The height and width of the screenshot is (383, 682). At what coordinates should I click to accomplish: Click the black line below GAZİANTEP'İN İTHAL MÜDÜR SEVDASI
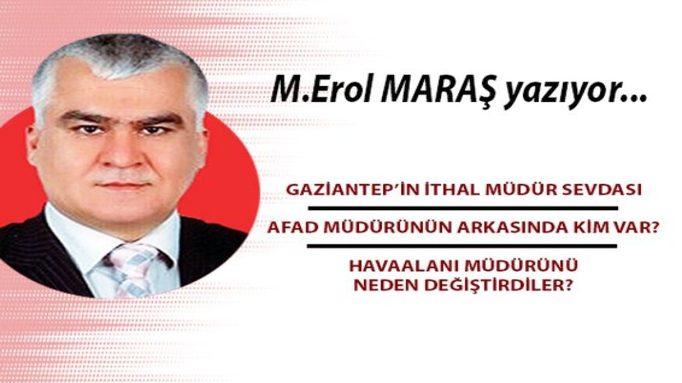click(462, 208)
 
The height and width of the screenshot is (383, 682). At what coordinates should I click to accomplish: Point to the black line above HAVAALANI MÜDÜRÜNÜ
click(462, 246)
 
